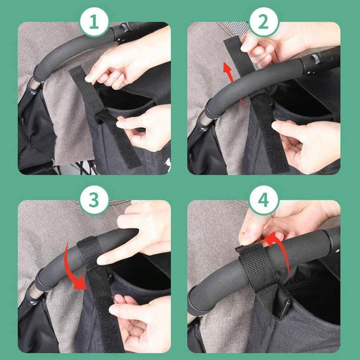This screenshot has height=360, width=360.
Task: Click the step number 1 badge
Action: click(94, 22)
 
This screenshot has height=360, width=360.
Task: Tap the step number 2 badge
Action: click(263, 22)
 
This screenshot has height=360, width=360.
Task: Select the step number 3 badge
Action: click(94, 200)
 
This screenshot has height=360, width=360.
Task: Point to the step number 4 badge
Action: click(263, 200)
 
